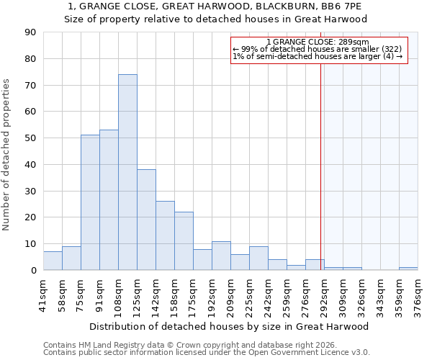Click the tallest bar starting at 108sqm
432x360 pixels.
[127, 172]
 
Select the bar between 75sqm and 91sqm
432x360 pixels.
[90, 202]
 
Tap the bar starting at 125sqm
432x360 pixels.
[146, 220]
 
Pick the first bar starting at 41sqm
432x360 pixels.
[53, 261]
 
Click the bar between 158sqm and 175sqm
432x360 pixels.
[184, 241]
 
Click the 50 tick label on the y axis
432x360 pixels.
[31, 138]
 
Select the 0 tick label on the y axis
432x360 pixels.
[34, 271]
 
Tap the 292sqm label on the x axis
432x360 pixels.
[324, 295]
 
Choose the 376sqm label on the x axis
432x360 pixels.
[418, 295]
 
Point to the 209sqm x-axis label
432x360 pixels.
[230, 295]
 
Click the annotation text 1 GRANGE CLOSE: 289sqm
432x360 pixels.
[318, 42]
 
